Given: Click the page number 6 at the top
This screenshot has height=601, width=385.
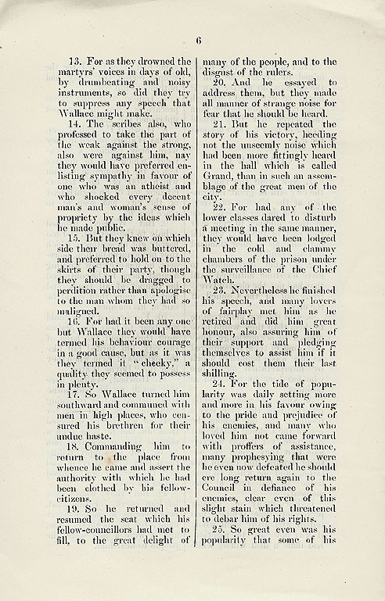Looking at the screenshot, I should click(x=199, y=41).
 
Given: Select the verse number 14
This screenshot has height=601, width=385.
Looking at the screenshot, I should click(x=75, y=123).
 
